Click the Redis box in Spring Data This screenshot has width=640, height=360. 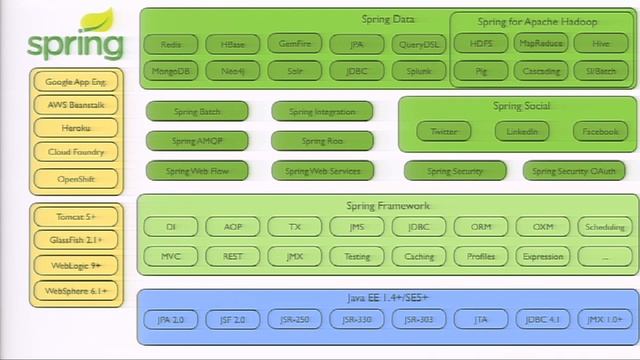(170, 44)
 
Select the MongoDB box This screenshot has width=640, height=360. (170, 71)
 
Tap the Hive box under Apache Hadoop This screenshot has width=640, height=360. (600, 44)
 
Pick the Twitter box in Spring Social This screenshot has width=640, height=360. (444, 131)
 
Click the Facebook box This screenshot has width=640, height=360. (600, 131)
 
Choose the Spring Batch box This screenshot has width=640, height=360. (197, 112)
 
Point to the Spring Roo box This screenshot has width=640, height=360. (322, 141)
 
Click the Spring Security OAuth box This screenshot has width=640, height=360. (574, 171)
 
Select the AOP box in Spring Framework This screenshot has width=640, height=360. (232, 227)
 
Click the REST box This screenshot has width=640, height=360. (232, 256)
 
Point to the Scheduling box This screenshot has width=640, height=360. (605, 227)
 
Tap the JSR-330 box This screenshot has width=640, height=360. (356, 320)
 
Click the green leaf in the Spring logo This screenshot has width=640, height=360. (97, 19)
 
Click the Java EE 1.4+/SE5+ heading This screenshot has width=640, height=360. (387, 298)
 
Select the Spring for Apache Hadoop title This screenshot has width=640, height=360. (538, 22)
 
